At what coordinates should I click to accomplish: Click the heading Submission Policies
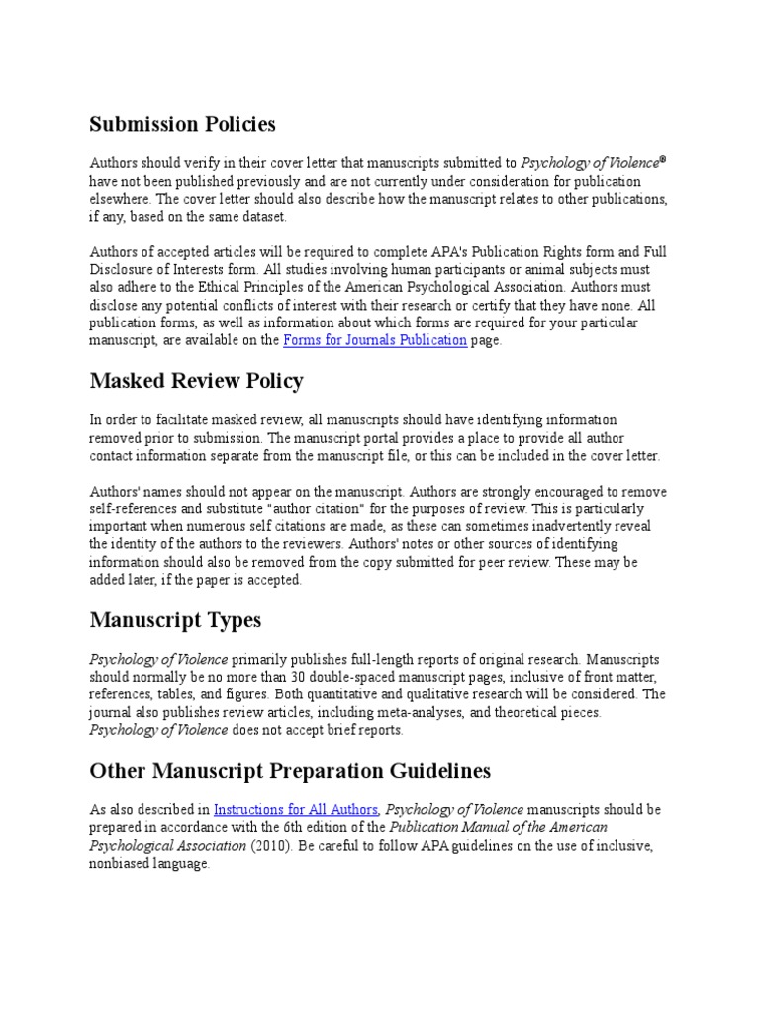(x=182, y=125)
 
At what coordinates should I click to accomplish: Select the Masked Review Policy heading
(x=196, y=381)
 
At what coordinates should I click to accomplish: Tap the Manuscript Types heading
(x=175, y=620)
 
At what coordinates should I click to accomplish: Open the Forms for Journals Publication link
(x=375, y=340)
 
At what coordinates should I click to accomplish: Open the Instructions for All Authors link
(x=296, y=809)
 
